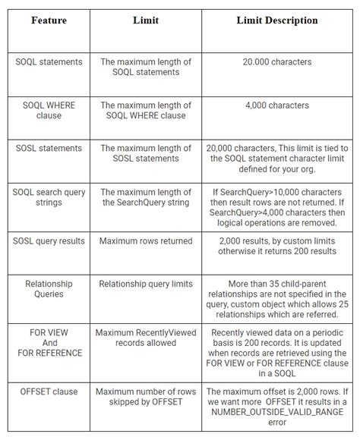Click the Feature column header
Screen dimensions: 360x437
[49, 20]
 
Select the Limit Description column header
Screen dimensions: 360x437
[277, 20]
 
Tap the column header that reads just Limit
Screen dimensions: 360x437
[146, 20]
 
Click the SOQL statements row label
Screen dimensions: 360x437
[49, 61]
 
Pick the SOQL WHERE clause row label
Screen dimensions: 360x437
[49, 111]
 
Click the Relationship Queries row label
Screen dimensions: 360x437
[49, 288]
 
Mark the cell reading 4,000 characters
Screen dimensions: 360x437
[276, 105]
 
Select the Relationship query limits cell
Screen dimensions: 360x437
[146, 283]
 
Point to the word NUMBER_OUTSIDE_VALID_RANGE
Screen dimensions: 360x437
[276, 416]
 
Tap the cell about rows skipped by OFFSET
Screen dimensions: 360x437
[146, 395]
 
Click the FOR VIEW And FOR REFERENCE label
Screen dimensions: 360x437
[49, 342]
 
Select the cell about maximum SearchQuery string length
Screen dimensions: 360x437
[146, 196]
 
